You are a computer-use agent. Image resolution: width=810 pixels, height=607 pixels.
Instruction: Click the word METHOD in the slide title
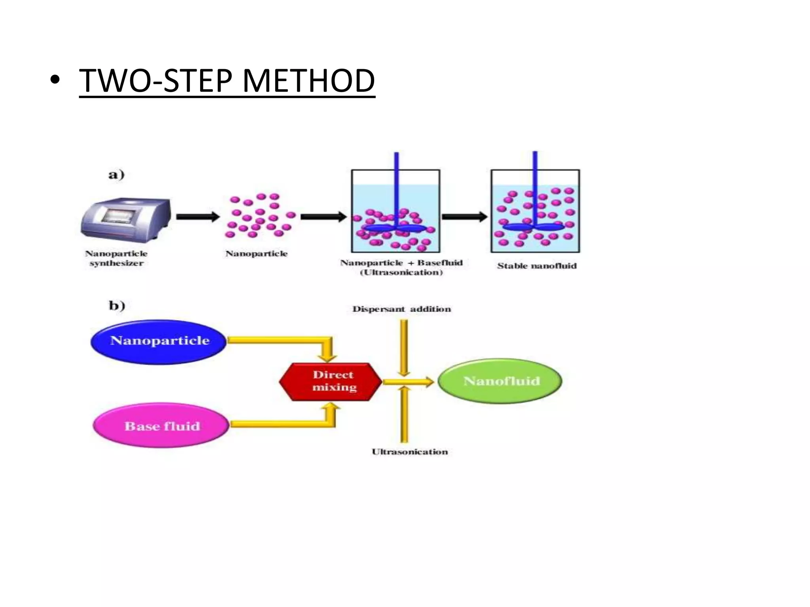(x=308, y=81)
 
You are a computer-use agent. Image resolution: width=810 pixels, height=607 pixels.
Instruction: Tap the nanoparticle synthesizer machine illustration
(x=126, y=218)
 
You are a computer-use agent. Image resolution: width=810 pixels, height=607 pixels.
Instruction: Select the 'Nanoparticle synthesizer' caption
(x=116, y=258)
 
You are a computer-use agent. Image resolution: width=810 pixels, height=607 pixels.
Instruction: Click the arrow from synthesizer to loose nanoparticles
(x=197, y=217)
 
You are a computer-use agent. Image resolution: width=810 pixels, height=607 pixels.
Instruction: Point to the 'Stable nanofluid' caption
(x=537, y=266)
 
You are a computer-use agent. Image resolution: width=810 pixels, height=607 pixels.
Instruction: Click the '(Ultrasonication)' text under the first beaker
(x=401, y=272)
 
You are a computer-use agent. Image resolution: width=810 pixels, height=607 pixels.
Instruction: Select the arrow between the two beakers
(x=464, y=217)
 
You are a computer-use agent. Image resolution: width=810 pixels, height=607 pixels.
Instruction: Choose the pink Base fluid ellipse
(x=161, y=426)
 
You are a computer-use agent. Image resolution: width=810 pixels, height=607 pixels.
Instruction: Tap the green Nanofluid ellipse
(x=501, y=381)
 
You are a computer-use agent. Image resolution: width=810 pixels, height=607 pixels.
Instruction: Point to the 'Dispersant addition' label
(x=401, y=309)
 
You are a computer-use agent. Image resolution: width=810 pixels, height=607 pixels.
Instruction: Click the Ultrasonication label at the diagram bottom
(x=409, y=452)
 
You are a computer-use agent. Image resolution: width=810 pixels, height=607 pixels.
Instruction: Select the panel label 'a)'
(x=116, y=174)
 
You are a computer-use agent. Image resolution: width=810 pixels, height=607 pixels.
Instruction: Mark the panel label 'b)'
(x=117, y=305)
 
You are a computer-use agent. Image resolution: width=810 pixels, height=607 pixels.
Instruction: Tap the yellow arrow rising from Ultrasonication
(x=403, y=415)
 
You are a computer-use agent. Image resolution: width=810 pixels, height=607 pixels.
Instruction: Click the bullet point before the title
(x=55, y=81)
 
